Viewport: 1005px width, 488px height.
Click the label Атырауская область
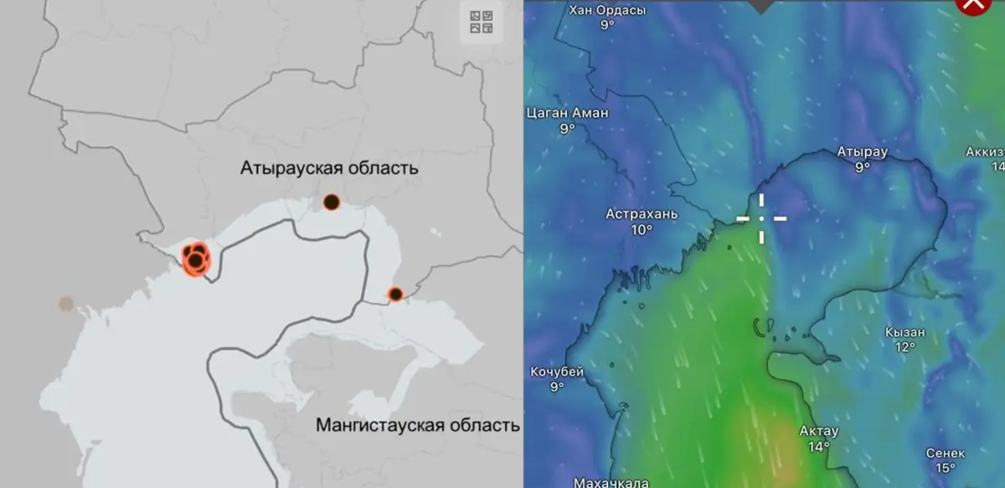click(329, 168)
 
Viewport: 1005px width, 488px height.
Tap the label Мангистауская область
click(417, 425)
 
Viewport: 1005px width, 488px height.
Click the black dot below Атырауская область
click(331, 202)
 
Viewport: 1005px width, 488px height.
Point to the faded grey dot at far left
click(66, 304)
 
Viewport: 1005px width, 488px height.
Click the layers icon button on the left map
click(482, 22)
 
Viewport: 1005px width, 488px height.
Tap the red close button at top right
click(972, 4)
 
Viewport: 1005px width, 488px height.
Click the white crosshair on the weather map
click(761, 218)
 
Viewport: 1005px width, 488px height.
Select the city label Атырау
click(862, 152)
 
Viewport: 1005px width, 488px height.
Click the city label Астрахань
click(642, 214)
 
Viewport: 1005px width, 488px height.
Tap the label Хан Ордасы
click(607, 11)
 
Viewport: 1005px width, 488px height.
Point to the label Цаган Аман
click(567, 113)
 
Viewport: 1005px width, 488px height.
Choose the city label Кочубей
click(557, 372)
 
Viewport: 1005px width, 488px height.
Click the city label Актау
click(818, 431)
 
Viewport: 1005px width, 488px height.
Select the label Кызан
click(904, 332)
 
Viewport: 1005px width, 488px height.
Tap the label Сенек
click(945, 453)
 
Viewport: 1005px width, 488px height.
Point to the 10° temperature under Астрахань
click(642, 229)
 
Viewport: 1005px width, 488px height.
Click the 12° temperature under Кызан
click(904, 347)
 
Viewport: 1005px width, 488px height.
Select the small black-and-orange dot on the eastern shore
click(395, 294)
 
